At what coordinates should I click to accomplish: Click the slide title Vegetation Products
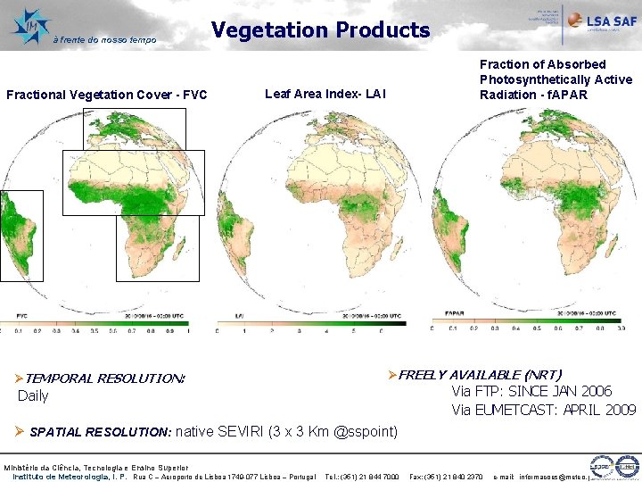[x=320, y=30]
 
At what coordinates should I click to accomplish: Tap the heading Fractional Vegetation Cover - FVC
[x=106, y=95]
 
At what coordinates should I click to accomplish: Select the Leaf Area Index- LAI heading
[x=325, y=94]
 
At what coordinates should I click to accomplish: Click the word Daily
[x=34, y=395]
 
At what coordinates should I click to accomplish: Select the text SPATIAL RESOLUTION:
[x=100, y=432]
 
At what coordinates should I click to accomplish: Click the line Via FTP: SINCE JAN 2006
[x=531, y=391]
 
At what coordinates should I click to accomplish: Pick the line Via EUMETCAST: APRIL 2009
[x=544, y=410]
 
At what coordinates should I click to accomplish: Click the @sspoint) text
[x=366, y=432]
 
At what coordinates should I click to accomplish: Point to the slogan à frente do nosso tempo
[x=104, y=39]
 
